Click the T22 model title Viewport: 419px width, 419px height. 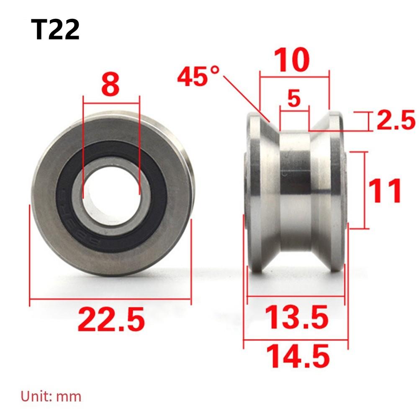coord(55,30)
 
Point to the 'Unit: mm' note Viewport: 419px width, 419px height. coord(51,396)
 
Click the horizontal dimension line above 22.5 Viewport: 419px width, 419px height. coord(111,299)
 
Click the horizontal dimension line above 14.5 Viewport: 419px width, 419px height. coord(296,340)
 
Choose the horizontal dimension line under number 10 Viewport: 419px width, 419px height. coord(295,77)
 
